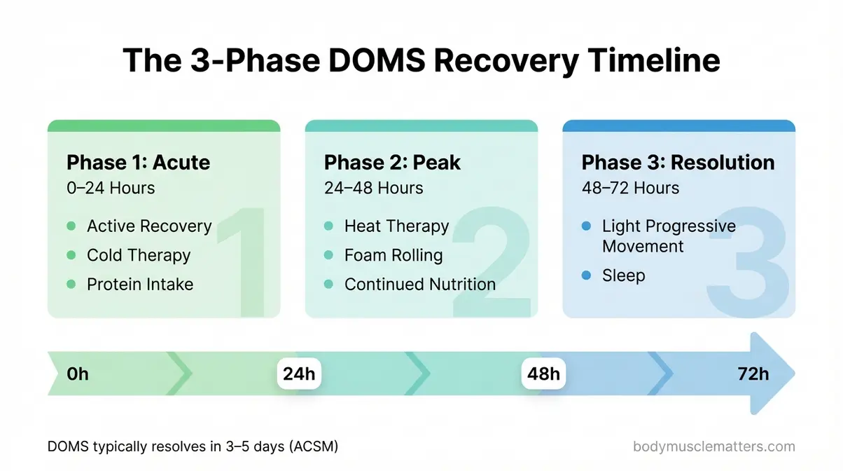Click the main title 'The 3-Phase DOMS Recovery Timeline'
pyautogui.click(x=421, y=60)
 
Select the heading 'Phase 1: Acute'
pyautogui.click(x=138, y=163)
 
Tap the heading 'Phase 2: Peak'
pyautogui.click(x=392, y=163)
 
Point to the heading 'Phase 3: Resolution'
pyautogui.click(x=678, y=163)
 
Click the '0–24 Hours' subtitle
pyautogui.click(x=111, y=188)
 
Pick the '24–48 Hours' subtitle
pyautogui.click(x=373, y=188)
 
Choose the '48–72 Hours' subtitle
pyautogui.click(x=630, y=188)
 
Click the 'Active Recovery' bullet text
pyautogui.click(x=149, y=226)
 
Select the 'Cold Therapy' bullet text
pyautogui.click(x=139, y=255)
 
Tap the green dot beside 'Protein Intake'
pyautogui.click(x=71, y=284)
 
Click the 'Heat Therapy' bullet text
pyautogui.click(x=396, y=226)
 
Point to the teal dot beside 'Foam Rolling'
pyautogui.click(x=328, y=255)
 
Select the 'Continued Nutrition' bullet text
pyautogui.click(x=420, y=284)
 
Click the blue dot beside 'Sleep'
pyautogui.click(x=586, y=275)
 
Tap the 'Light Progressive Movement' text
pyautogui.click(x=668, y=236)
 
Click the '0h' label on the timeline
pyautogui.click(x=78, y=374)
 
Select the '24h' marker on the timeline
pyautogui.click(x=299, y=374)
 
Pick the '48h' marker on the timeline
pyautogui.click(x=544, y=374)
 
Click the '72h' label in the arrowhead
pyautogui.click(x=753, y=374)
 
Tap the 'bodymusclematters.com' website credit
pyautogui.click(x=713, y=446)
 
